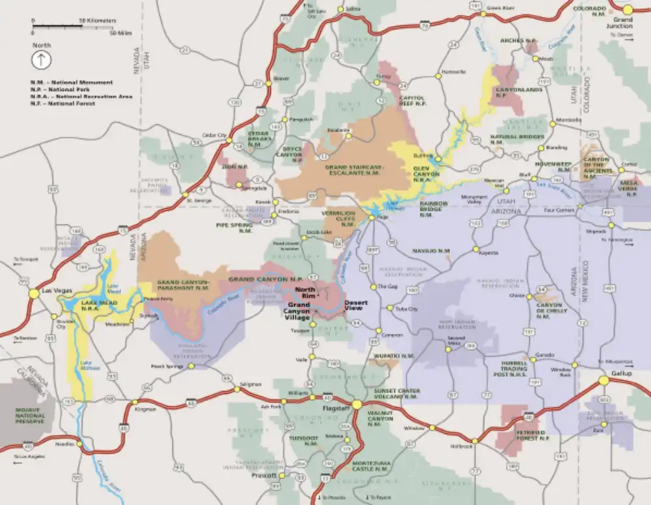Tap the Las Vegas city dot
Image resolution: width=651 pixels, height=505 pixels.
pos(33,293)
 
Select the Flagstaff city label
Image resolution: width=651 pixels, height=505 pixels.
pos(336,408)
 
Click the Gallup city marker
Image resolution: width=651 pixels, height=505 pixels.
pos(603,381)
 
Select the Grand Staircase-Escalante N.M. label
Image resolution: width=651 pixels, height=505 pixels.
pos(355,170)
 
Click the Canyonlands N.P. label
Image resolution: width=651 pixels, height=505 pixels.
pos(510,92)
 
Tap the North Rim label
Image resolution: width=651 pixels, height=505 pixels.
pos(305,292)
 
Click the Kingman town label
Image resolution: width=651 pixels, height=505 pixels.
pos(146,409)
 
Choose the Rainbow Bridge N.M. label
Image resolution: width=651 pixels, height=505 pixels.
pos(434,208)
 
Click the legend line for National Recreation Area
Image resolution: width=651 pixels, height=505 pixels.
pos(80,96)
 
